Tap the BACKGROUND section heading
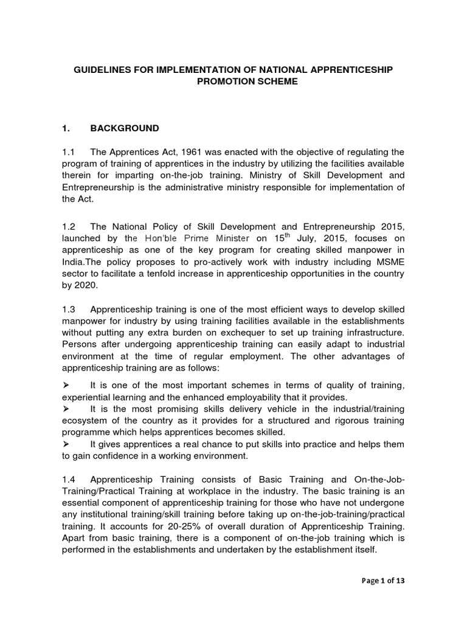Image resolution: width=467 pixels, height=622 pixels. point(125,128)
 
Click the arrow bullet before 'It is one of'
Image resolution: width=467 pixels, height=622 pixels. point(66,386)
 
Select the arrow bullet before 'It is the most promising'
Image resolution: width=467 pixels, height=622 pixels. point(66,409)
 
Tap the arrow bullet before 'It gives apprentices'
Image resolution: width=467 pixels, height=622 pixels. point(66,443)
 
